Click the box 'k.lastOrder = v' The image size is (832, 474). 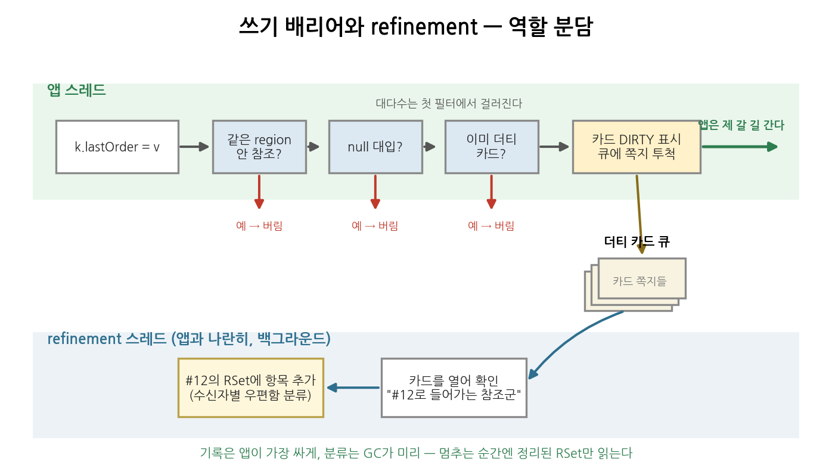click(x=117, y=147)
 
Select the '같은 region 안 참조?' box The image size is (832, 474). click(x=259, y=147)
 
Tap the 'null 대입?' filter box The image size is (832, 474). click(x=375, y=147)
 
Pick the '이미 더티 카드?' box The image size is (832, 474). click(x=492, y=147)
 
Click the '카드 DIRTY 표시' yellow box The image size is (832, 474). click(x=637, y=147)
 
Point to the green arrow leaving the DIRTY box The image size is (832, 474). click(x=740, y=147)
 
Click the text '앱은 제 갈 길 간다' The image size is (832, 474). click(x=741, y=125)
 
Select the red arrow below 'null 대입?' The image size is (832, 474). click(x=375, y=191)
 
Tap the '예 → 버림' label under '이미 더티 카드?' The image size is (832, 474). click(x=491, y=225)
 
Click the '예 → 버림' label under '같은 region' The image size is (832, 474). click(x=259, y=225)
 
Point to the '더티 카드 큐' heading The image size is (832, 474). click(x=637, y=241)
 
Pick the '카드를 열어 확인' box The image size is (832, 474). click(x=454, y=388)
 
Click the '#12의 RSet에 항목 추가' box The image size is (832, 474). click(x=251, y=388)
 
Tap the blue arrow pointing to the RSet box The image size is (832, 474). click(x=353, y=388)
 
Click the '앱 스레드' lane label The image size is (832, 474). click(x=76, y=90)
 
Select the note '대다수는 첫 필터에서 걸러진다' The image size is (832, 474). click(x=449, y=103)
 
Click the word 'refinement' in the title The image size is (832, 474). click(x=424, y=27)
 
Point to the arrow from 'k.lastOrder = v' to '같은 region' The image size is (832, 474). click(x=194, y=147)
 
